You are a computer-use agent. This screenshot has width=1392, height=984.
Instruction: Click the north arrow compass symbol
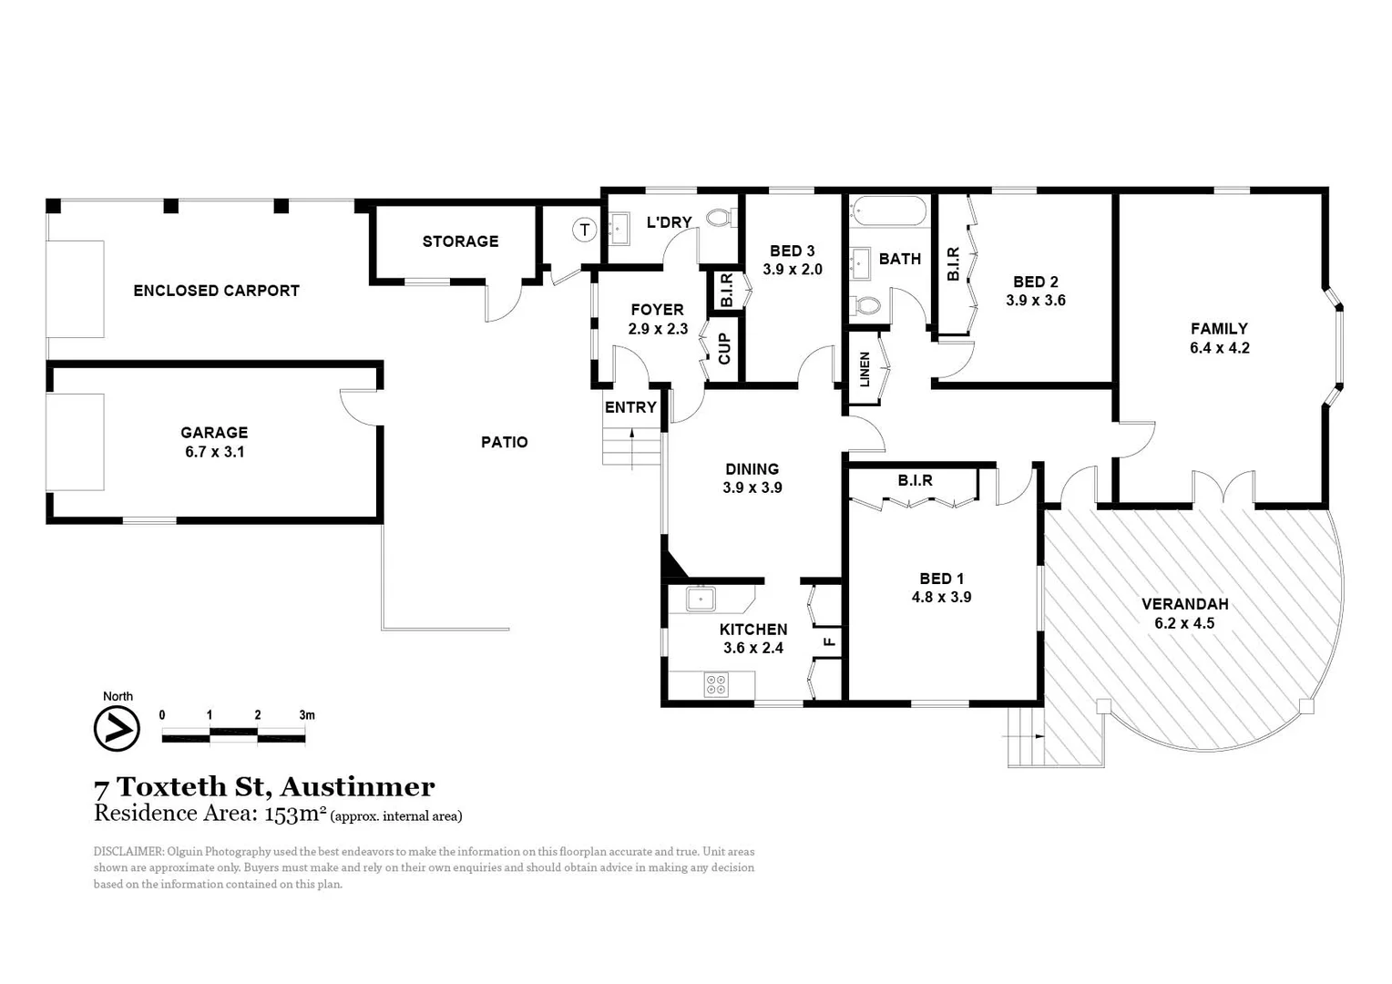click(x=117, y=729)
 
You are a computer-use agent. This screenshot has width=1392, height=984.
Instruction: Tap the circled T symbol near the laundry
click(x=584, y=231)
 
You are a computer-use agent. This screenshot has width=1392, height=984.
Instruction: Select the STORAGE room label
click(x=460, y=241)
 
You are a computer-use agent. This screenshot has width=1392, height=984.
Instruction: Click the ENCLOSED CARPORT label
click(x=216, y=291)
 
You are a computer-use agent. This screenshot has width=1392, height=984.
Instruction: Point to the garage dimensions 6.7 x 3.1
click(x=214, y=452)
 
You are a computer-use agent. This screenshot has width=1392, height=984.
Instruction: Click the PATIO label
click(x=504, y=442)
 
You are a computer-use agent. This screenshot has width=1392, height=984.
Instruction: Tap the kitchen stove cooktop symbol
click(x=716, y=684)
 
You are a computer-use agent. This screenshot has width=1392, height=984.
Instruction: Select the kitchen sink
click(x=701, y=599)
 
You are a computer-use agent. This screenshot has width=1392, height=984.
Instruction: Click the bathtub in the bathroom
click(x=888, y=212)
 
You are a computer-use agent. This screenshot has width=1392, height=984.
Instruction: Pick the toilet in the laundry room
click(x=721, y=218)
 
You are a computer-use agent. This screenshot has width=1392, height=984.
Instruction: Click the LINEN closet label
click(x=865, y=368)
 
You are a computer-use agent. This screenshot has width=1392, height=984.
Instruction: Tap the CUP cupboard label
click(x=725, y=348)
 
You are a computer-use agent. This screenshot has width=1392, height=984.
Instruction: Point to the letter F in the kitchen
click(x=829, y=641)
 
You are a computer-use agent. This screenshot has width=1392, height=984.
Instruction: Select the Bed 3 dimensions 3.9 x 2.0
click(x=792, y=270)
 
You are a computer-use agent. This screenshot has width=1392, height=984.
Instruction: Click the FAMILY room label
click(x=1219, y=329)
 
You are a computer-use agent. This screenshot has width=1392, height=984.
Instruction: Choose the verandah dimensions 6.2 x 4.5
click(x=1184, y=623)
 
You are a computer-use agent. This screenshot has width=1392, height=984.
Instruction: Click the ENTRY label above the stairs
click(x=630, y=407)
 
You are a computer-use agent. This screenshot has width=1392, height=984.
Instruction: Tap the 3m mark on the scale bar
click(x=306, y=715)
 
